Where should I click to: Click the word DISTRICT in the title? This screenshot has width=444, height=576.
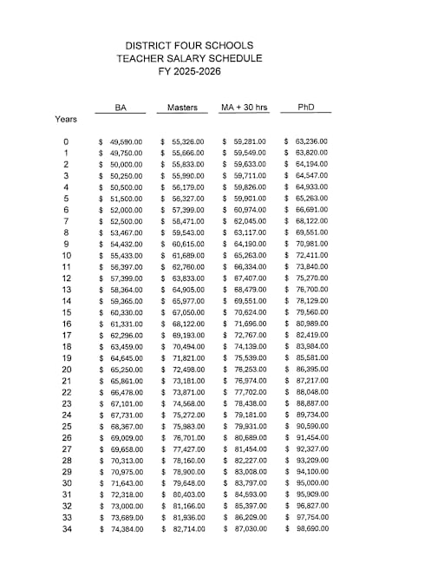point(152,45)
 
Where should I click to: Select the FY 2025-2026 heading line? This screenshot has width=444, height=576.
point(190,71)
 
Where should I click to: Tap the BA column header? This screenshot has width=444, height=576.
point(122,108)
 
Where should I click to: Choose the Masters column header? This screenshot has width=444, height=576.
point(182,108)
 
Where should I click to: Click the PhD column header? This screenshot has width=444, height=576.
point(305,108)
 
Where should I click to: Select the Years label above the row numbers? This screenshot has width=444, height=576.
point(66,119)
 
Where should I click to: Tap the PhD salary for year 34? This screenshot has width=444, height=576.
point(310,528)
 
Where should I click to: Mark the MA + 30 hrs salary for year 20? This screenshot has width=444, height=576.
point(249,369)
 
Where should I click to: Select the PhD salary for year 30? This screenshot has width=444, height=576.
point(310,482)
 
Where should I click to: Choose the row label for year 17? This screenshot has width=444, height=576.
point(66,335)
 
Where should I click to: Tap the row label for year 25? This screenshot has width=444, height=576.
point(66,426)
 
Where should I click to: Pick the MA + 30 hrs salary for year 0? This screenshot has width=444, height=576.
point(249,141)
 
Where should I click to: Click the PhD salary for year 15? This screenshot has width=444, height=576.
point(310,312)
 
